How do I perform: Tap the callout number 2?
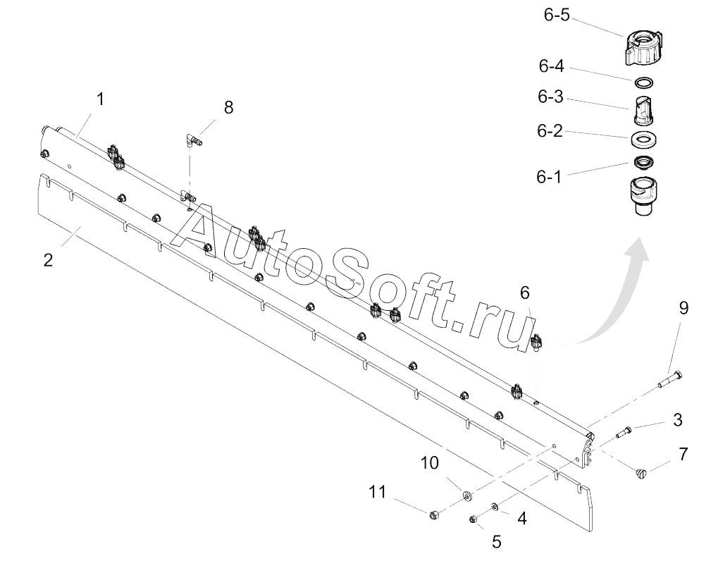point(48,259)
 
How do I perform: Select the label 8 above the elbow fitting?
point(228,107)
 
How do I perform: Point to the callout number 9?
point(684,308)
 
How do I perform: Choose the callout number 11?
point(379,491)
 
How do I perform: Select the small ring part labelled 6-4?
point(642,82)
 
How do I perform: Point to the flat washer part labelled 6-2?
point(642,137)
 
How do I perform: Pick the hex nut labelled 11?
point(435,516)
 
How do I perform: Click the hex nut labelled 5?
point(474,519)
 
